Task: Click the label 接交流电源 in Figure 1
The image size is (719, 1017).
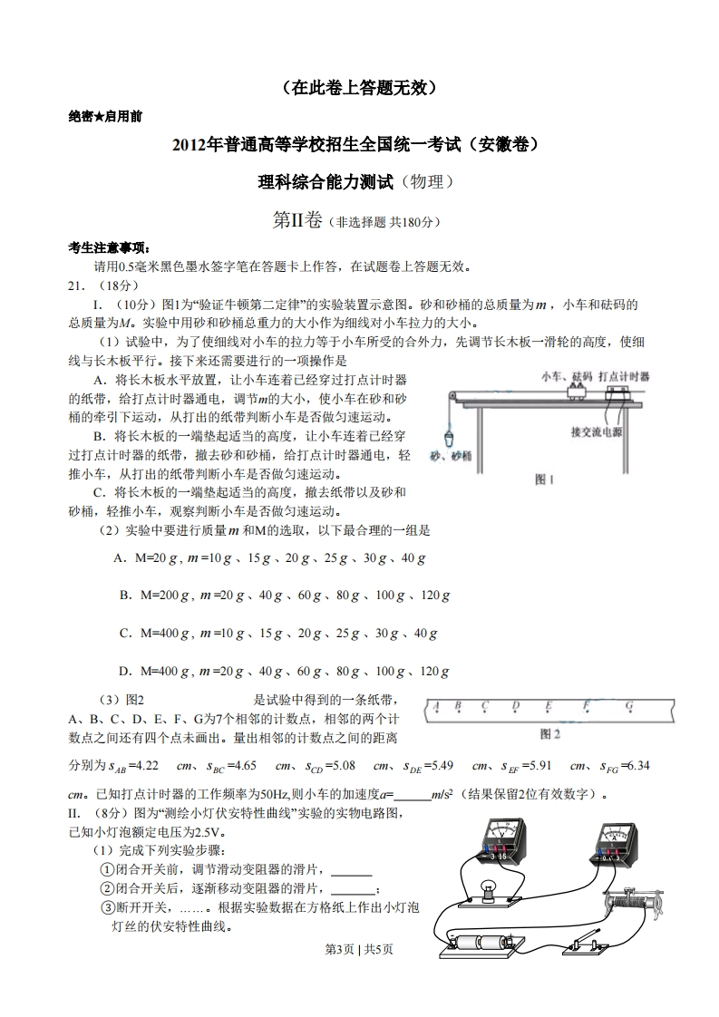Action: click(x=596, y=431)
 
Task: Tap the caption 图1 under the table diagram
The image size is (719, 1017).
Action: click(x=544, y=479)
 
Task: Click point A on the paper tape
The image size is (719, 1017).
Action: click(x=436, y=707)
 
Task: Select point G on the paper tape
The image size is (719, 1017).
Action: click(x=628, y=707)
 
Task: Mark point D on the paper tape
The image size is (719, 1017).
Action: click(x=515, y=707)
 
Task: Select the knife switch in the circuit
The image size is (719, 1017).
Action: click(x=589, y=943)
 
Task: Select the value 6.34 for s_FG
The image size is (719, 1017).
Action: click(x=637, y=765)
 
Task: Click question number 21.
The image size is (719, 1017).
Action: click(x=79, y=285)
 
